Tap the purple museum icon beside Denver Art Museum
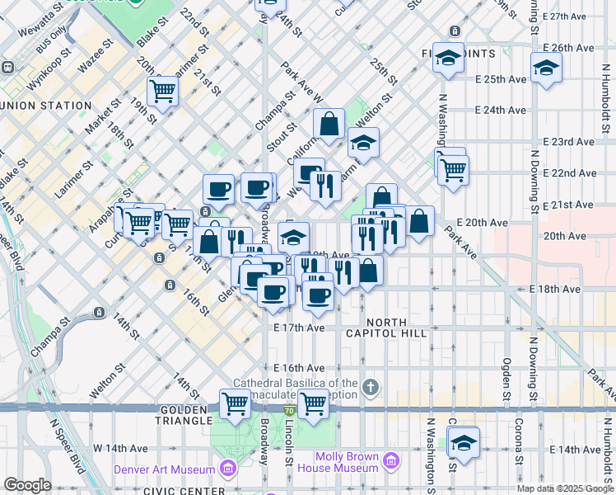pos(228,469)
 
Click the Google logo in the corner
pos(27,485)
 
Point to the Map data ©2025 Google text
pos(565,488)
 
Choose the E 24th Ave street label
pos(501,110)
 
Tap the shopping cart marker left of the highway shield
pos(236,403)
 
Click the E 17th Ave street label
pos(299,328)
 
